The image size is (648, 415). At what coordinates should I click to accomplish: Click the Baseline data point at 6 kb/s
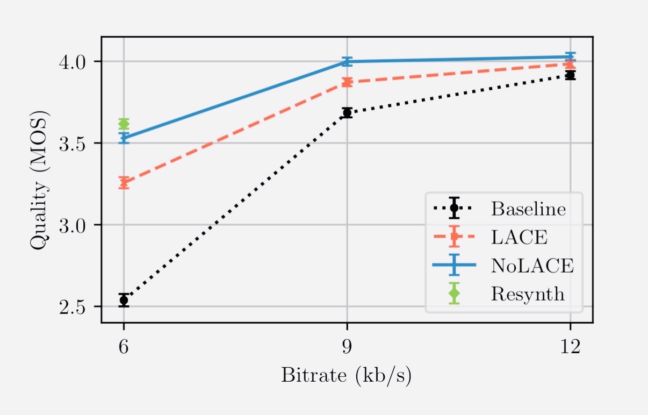tap(124, 300)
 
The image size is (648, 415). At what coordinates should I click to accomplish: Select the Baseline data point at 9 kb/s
tap(347, 112)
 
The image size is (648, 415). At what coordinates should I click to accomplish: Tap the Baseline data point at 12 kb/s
tap(570, 75)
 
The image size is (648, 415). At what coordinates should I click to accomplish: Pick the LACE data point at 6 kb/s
tap(124, 183)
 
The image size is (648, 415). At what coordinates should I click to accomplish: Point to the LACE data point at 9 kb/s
tap(347, 82)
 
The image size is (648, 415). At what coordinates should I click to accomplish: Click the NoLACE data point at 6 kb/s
tap(124, 138)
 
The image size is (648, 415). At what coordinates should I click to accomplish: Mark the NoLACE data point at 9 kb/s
tap(347, 62)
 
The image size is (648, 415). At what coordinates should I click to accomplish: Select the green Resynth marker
tap(124, 124)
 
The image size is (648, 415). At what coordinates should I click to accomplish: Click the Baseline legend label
tap(528, 209)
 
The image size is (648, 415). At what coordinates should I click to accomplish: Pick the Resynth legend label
tap(527, 294)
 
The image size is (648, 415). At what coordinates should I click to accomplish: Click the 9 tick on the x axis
tap(347, 347)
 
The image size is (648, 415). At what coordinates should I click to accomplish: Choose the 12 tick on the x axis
tap(570, 347)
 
